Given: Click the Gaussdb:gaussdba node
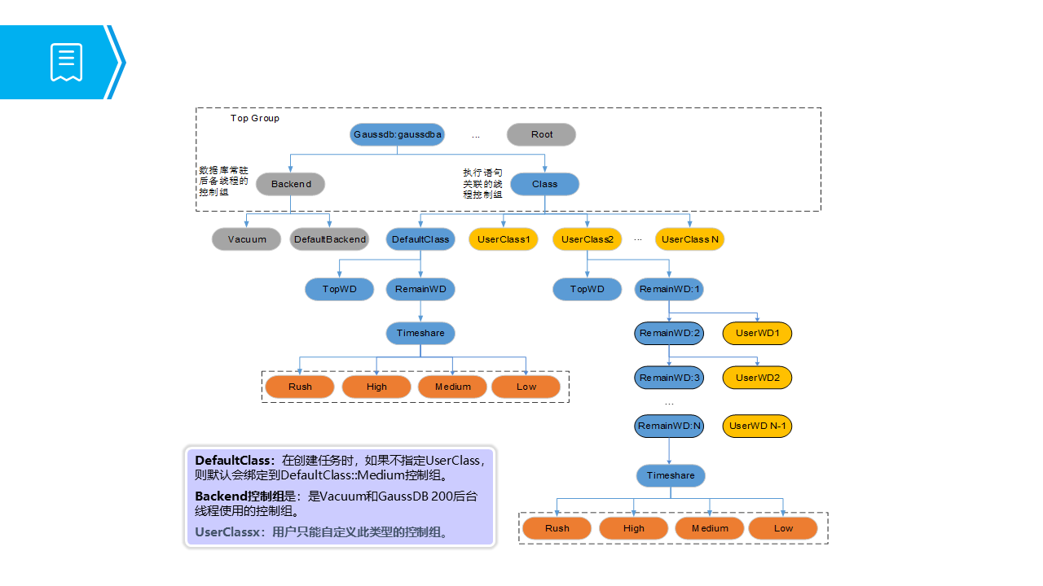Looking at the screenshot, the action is [397, 134].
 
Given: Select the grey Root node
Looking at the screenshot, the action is [541, 134].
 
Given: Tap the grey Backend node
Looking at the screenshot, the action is [291, 184].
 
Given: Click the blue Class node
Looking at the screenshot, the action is [545, 184].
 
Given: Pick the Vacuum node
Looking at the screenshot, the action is [246, 239].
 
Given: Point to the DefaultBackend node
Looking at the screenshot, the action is [330, 239].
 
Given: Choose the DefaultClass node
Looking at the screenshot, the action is [420, 239].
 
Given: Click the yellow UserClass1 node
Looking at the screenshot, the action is [504, 239].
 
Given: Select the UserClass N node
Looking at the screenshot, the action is [689, 239].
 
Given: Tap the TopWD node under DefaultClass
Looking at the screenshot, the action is [340, 289].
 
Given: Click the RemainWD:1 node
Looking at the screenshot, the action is [669, 289].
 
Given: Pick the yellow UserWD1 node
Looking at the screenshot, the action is [757, 334].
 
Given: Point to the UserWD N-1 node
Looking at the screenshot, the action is [757, 426].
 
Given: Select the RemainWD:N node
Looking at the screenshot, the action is [669, 426].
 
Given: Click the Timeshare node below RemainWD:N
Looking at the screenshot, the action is [671, 476].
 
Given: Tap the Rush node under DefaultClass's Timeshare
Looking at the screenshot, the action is [300, 387].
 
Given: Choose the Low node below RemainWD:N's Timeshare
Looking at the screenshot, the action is [783, 529].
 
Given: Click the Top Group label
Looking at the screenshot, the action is [255, 118].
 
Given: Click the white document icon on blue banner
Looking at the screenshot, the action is [66, 63].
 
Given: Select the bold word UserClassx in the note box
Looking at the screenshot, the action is [227, 532].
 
